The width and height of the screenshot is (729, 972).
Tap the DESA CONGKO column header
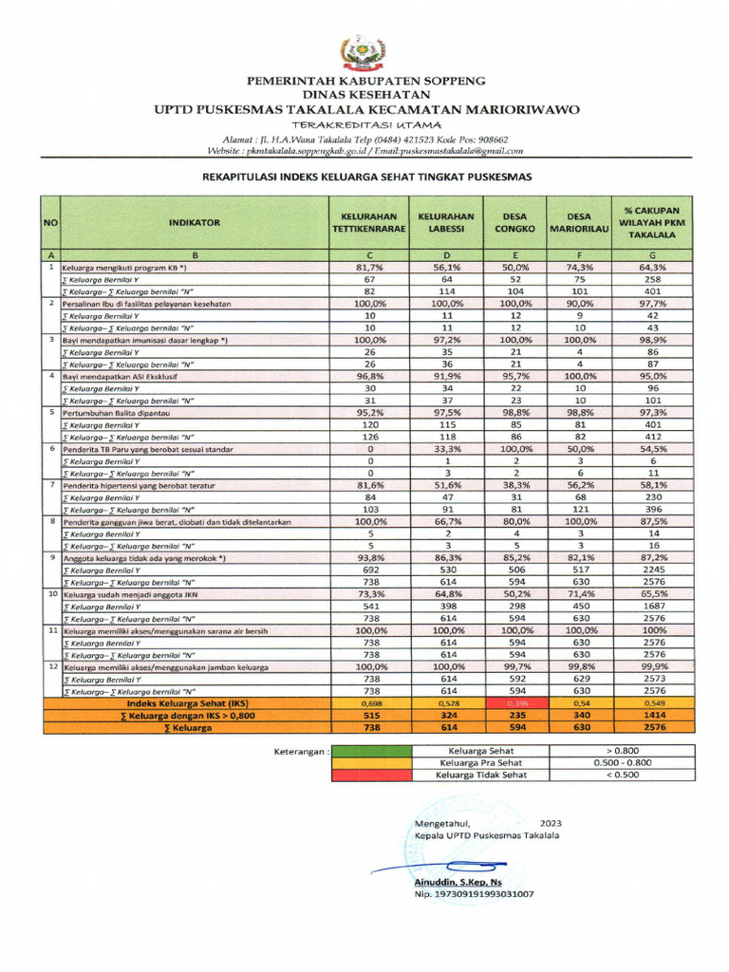click(515, 221)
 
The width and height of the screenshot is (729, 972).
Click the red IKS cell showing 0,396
click(515, 702)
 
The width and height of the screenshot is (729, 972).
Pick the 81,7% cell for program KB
click(370, 269)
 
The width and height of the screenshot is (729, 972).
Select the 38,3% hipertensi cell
click(515, 485)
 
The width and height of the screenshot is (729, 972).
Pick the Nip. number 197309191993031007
click(474, 894)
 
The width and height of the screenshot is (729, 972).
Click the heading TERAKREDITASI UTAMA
click(365, 124)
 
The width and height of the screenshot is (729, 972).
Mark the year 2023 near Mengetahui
click(551, 822)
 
